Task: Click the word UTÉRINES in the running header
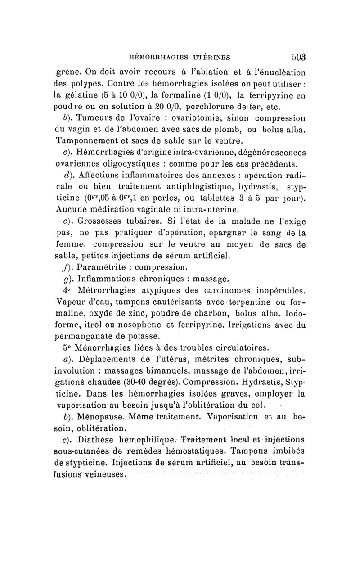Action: click(x=207, y=57)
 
